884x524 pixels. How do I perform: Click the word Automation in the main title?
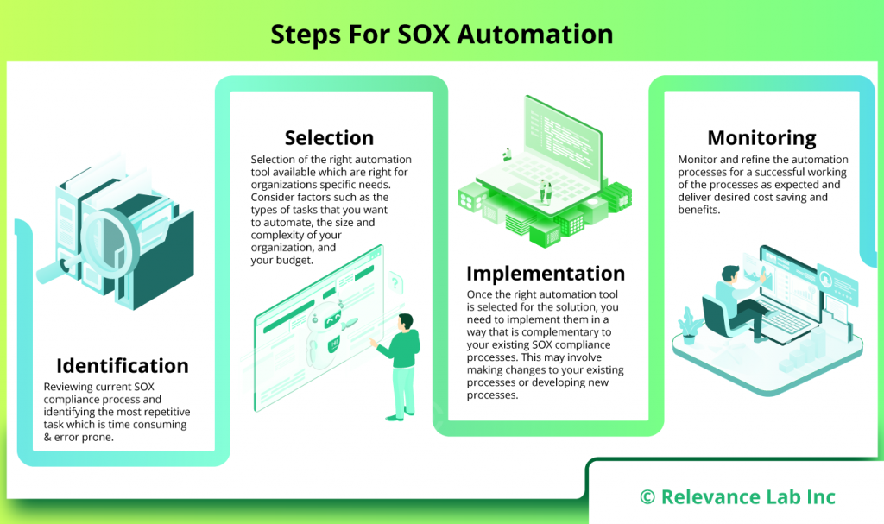point(535,34)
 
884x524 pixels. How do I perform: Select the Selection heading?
point(329,137)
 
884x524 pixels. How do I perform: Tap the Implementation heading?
point(546,273)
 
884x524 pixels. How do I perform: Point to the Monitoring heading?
point(761,137)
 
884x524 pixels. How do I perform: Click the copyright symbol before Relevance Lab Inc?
point(647,496)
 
